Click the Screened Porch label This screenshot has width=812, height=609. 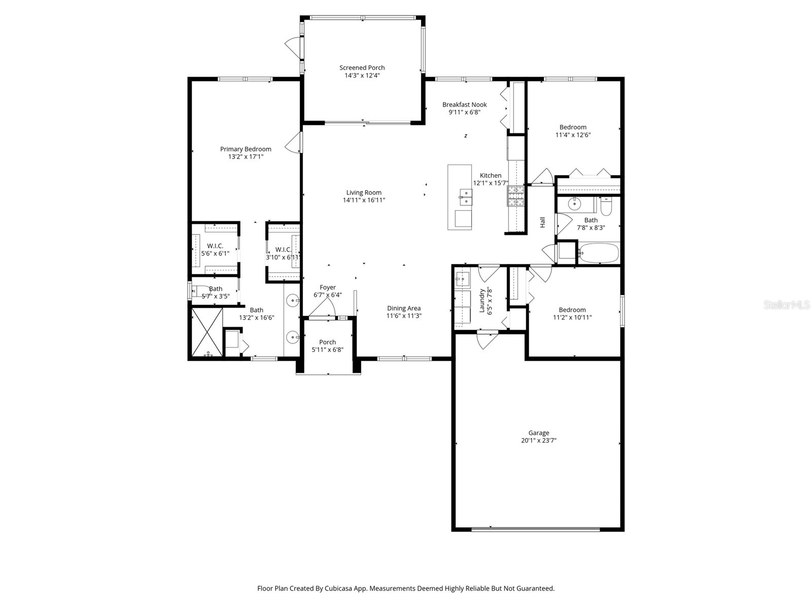(x=362, y=67)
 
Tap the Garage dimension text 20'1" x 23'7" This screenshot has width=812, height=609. (x=538, y=441)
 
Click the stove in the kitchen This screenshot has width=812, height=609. (x=515, y=196)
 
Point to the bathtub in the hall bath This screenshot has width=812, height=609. (x=599, y=253)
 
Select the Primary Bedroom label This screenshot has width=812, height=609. (x=246, y=149)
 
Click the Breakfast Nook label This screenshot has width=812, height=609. (x=464, y=105)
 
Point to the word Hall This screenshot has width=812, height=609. (x=543, y=222)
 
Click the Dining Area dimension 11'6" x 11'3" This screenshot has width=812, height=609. (x=404, y=316)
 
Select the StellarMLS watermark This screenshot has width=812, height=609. (x=786, y=305)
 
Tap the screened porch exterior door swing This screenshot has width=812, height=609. (x=292, y=45)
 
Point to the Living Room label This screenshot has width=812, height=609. (x=364, y=192)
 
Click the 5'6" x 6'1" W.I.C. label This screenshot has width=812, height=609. (x=215, y=253)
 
